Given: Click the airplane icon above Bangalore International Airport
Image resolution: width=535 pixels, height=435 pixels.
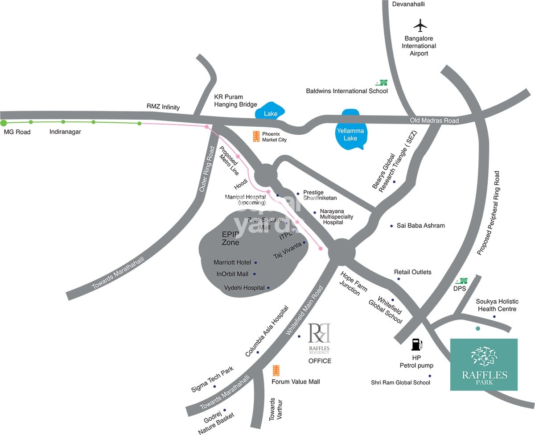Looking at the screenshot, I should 420,25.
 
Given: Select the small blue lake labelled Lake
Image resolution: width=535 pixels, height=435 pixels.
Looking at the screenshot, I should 270,113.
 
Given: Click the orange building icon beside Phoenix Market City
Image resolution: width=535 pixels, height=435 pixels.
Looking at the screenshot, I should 256,137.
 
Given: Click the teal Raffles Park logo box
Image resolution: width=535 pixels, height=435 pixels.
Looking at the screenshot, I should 484,365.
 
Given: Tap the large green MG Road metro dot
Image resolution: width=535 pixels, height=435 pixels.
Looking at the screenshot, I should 4,123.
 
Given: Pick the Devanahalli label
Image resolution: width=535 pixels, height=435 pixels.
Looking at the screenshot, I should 408,4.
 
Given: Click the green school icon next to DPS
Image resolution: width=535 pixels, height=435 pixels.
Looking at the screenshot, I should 463,281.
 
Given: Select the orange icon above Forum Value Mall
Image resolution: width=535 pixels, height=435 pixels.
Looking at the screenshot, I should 276,370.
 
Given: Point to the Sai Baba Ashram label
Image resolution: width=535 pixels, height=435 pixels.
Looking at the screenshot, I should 420,226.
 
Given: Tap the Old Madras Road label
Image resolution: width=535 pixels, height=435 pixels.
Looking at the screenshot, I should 434,120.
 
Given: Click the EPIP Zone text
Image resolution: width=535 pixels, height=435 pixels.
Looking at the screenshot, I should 230,238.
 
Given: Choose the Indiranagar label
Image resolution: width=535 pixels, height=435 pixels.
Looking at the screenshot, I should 65,132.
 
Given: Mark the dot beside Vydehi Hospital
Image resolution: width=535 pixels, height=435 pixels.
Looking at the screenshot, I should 268,288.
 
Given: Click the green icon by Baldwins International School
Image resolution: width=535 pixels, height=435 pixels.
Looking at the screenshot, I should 381,82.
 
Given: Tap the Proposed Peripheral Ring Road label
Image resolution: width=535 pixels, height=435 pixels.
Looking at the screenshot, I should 488,213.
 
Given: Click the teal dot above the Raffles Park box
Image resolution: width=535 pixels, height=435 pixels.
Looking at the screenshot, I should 478,328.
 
